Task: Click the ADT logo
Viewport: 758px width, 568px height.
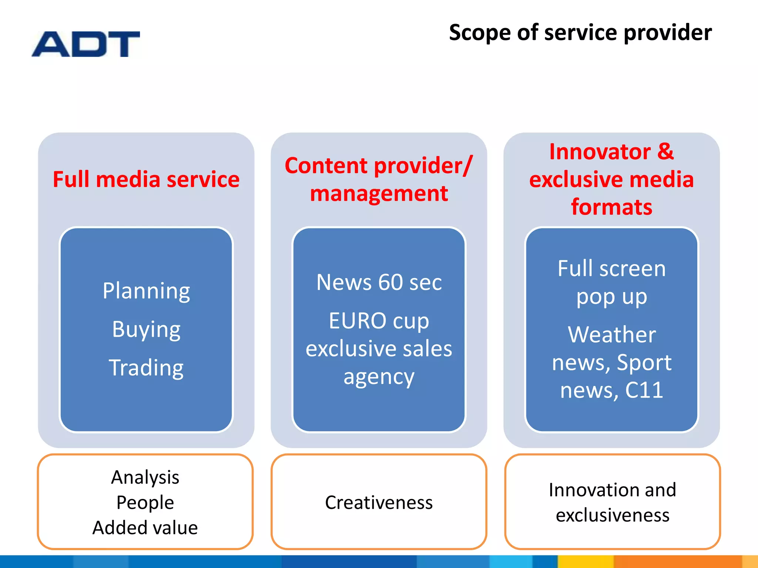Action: point(85,44)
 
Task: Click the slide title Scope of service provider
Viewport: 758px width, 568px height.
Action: point(580,33)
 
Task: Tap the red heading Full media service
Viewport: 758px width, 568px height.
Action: point(146,180)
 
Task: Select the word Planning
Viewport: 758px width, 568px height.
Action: point(146,291)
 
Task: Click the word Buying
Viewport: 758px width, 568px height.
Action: point(146,329)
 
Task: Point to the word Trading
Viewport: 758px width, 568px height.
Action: point(146,368)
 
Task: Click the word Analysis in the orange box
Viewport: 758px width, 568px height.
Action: point(145,477)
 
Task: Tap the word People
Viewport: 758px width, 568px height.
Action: point(145,503)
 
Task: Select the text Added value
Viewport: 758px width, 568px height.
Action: point(145,528)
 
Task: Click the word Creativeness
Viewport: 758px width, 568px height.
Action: point(379,503)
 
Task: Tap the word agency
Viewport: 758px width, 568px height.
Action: point(379,378)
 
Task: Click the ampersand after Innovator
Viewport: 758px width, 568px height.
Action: point(665,152)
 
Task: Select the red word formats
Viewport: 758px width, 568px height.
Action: point(611,207)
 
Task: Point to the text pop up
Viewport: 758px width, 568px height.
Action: point(611,297)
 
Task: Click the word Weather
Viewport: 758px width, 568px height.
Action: point(611,335)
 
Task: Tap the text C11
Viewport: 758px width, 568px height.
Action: point(644,390)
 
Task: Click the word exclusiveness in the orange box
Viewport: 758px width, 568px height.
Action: point(613,515)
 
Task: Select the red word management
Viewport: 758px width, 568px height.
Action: point(379,194)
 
